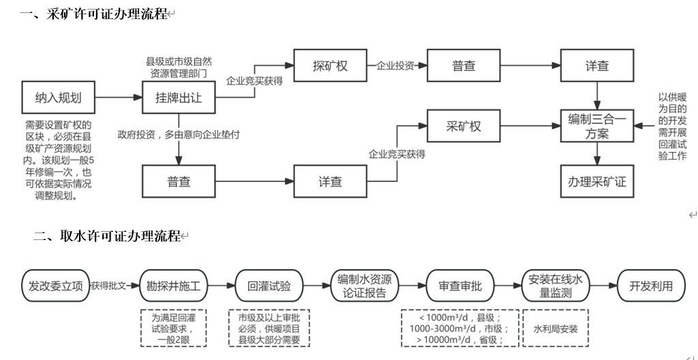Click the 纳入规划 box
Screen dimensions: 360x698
pyautogui.click(x=58, y=97)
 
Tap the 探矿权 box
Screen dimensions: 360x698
pyautogui.click(x=330, y=65)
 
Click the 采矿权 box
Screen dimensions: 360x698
pyautogui.click(x=464, y=127)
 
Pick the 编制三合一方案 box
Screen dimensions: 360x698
pyautogui.click(x=597, y=127)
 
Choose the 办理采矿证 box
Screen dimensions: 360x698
pyautogui.click(x=597, y=181)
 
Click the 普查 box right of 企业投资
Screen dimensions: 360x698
pyautogui.click(x=464, y=65)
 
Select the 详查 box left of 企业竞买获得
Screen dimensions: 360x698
pyautogui.click(x=330, y=181)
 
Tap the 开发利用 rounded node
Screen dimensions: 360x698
pyautogui.click(x=650, y=286)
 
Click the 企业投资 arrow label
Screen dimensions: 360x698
pyautogui.click(x=395, y=65)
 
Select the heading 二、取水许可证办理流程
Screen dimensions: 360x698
pyautogui.click(x=106, y=237)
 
